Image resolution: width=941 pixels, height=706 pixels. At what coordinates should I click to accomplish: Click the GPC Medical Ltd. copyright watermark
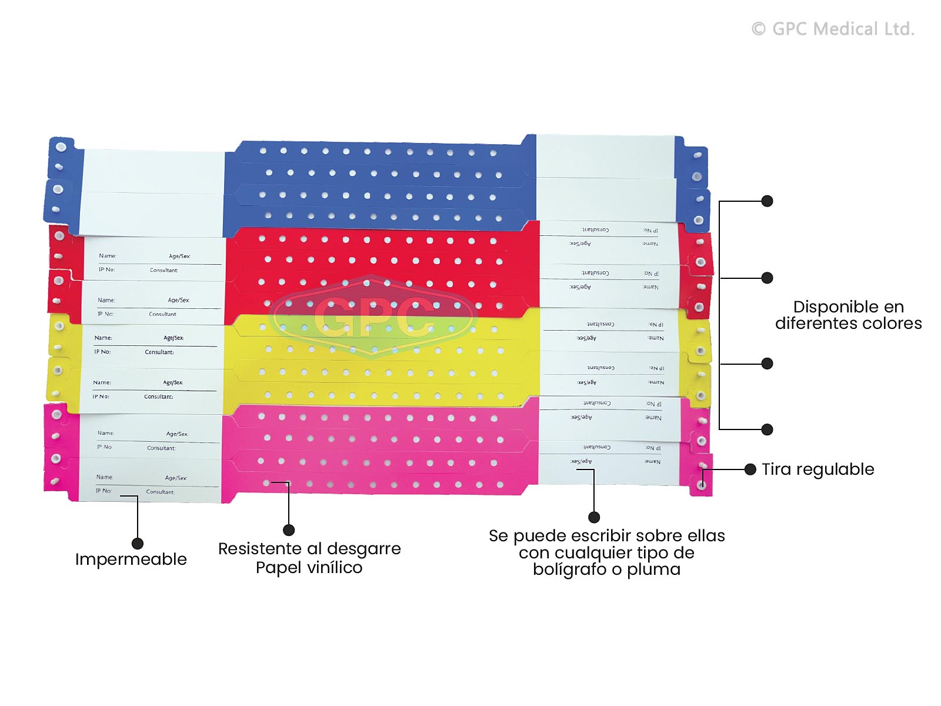[x=833, y=29]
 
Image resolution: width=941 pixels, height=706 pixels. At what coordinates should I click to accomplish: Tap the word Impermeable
[x=131, y=559]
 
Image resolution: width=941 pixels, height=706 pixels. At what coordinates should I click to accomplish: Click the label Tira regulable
[x=817, y=469]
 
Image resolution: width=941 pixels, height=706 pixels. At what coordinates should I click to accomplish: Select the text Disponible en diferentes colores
[x=848, y=315]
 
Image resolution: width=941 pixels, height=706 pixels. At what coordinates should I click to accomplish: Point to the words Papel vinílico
[x=309, y=568]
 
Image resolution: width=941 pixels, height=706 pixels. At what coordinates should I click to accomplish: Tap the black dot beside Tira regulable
[x=750, y=469]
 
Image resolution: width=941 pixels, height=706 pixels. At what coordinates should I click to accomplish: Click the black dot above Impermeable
[x=137, y=543]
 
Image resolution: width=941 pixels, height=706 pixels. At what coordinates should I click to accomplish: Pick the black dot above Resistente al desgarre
[x=289, y=530]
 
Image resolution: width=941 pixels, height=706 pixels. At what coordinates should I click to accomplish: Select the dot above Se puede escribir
[x=594, y=517]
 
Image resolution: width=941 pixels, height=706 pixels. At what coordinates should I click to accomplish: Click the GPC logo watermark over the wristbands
[x=374, y=316]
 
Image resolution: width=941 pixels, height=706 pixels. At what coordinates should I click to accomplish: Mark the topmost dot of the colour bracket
[x=767, y=201]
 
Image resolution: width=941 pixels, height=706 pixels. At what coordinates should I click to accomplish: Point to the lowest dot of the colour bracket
[x=767, y=429]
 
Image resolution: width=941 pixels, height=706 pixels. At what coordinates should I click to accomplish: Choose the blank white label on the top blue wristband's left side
[x=154, y=170]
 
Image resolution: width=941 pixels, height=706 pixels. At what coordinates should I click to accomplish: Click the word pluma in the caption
[x=653, y=570]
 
